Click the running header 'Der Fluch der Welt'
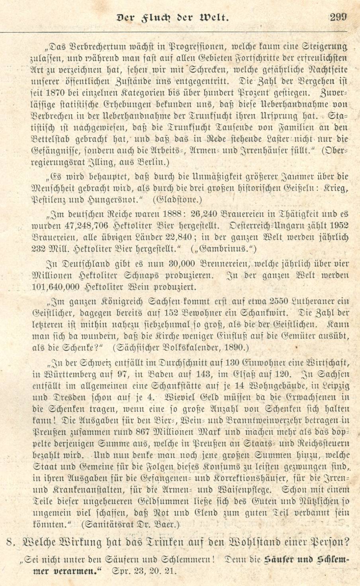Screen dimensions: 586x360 tap(172, 18)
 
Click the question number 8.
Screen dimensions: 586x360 tap(12, 542)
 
